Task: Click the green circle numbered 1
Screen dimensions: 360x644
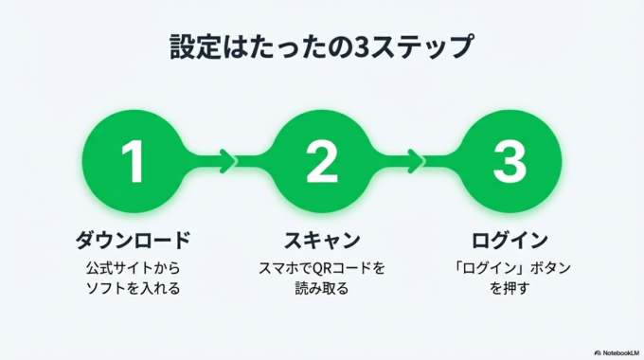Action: coord(134,160)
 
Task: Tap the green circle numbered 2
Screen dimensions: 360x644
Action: coord(322,160)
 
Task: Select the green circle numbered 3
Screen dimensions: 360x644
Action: coord(510,160)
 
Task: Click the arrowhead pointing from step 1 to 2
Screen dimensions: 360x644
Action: coord(226,160)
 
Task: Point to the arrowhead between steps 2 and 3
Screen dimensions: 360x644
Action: coord(415,160)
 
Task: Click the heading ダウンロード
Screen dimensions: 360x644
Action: coord(134,238)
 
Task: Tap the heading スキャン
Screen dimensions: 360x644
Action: coord(322,238)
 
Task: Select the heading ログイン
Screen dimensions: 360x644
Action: coord(510,238)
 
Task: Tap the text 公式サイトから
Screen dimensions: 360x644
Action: coord(134,268)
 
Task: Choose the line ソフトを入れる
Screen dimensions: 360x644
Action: coord(134,288)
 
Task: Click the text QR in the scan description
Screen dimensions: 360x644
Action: coord(325,268)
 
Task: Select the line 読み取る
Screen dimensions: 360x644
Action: coord(322,288)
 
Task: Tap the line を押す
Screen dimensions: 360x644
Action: coord(510,288)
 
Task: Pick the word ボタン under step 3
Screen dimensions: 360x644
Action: coord(546,268)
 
